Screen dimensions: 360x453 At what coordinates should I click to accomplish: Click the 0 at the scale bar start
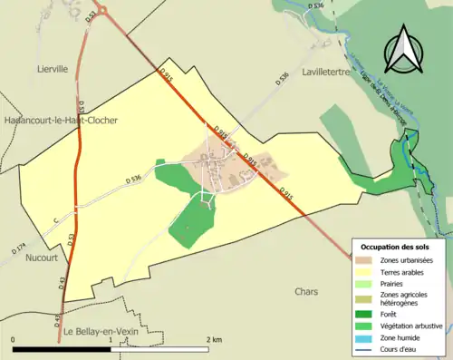point(14,339)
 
